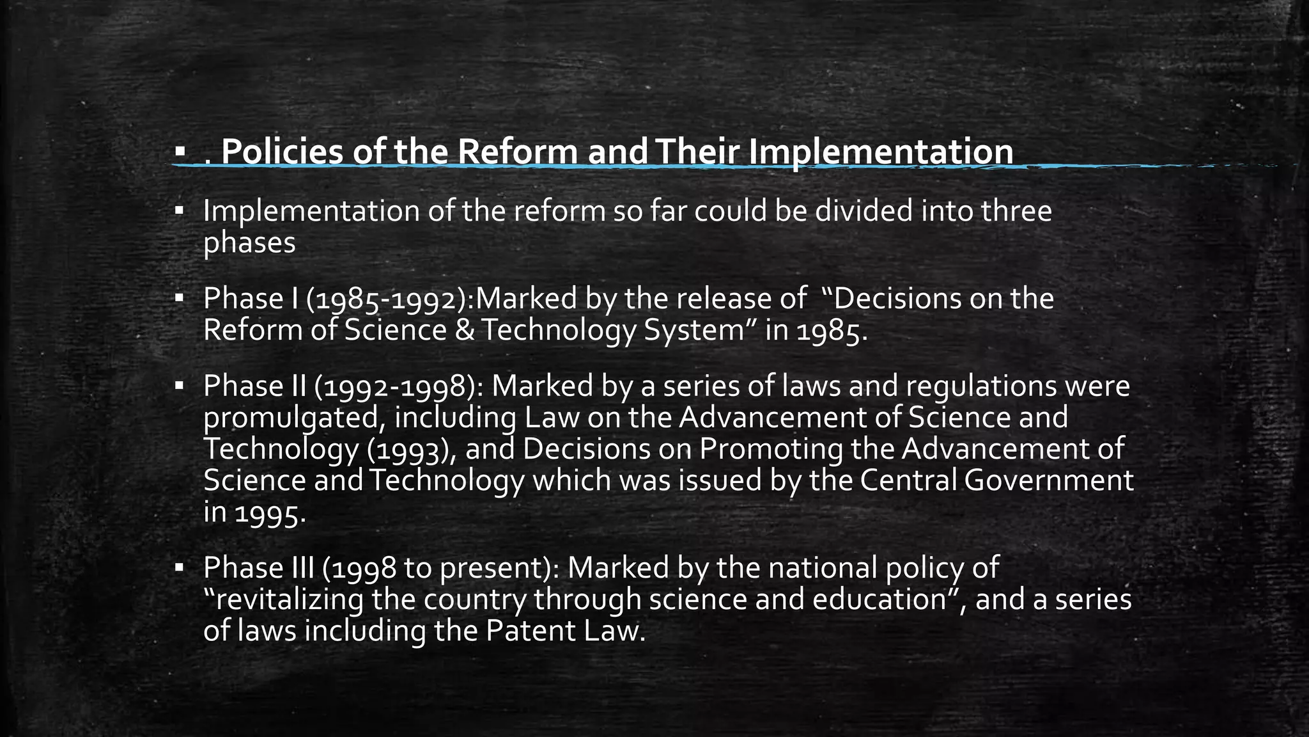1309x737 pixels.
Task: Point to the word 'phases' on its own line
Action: [249, 242]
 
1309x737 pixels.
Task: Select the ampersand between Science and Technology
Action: [465, 330]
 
